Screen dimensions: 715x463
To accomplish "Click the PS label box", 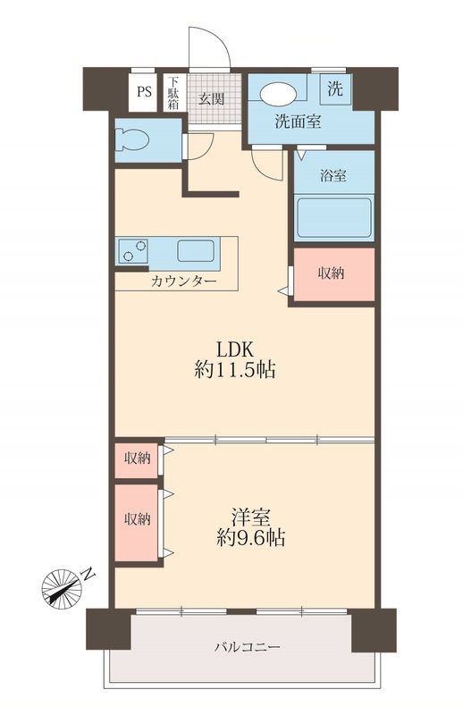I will (143, 91).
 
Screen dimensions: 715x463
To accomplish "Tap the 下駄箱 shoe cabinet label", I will (173, 91).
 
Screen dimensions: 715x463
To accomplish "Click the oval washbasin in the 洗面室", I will (277, 93).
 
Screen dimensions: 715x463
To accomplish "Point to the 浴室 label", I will (333, 176).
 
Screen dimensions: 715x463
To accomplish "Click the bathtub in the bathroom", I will (333, 217).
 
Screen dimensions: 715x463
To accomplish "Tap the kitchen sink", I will (194, 250).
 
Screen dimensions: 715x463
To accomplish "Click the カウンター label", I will (183, 281).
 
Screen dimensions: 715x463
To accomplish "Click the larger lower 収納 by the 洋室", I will (137, 519).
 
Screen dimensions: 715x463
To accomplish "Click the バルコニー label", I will (247, 645).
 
